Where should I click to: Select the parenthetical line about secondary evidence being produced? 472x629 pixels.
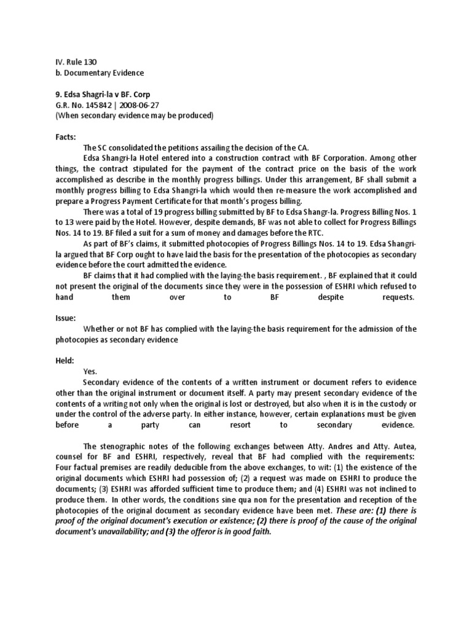pyautogui.click(x=134, y=115)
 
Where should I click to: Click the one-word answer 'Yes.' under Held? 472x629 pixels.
pyautogui.click(x=90, y=372)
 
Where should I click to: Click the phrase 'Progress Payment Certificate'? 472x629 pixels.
pyautogui.click(x=137, y=201)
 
